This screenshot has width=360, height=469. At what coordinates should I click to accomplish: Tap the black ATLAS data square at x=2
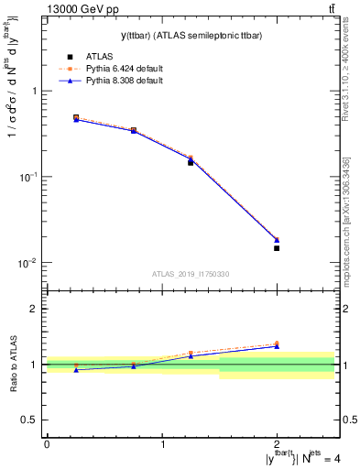pos(277,248)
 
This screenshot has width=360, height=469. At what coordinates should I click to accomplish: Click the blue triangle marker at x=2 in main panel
pos(277,240)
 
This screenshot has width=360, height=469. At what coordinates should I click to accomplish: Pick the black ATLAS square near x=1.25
pos(191,162)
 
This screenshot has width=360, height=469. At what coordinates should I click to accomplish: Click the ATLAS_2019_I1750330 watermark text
pos(191,274)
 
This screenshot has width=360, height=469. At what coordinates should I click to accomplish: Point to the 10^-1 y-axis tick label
pos(28,177)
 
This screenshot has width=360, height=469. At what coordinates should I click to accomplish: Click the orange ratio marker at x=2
pos(277,344)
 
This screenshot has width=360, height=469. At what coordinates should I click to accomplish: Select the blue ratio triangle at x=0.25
pos(76,369)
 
